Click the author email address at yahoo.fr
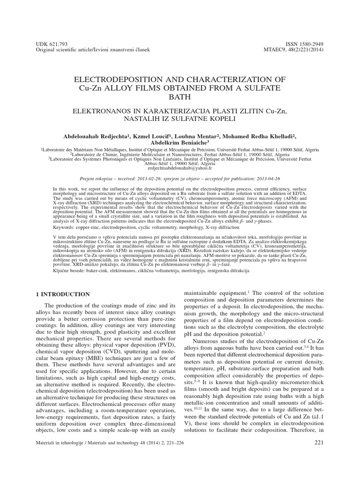coord(180,167)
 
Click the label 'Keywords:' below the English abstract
coord(66,227)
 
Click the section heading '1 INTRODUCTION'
coord(63,294)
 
